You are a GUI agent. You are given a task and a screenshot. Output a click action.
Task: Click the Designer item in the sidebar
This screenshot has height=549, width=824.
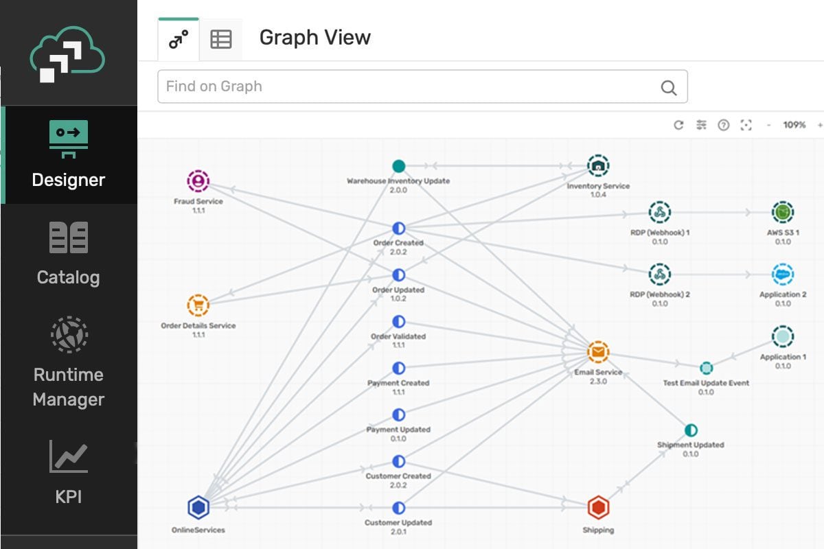[69, 154]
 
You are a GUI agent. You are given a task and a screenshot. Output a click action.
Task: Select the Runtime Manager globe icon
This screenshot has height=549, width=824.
[69, 334]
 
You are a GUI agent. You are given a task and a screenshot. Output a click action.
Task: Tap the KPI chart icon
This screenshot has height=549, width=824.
[69, 456]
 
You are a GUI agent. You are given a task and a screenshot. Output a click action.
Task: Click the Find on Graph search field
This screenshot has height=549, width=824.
[405, 86]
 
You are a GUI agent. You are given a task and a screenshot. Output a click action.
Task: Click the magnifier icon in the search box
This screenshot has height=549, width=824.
[668, 87]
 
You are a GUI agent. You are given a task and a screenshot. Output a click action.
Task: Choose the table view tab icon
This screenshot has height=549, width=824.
[221, 39]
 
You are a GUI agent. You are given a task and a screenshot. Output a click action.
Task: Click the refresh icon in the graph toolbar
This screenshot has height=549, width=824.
[678, 125]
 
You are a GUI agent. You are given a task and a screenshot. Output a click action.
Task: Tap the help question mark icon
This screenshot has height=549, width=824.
[723, 125]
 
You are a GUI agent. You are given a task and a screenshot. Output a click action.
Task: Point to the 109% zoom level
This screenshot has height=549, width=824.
[794, 125]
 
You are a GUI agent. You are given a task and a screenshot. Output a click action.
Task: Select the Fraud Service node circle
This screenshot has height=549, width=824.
[198, 181]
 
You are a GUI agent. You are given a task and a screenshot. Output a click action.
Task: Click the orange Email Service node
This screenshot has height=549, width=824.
[598, 353]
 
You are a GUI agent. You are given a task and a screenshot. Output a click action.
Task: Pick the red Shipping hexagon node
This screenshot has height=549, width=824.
[598, 508]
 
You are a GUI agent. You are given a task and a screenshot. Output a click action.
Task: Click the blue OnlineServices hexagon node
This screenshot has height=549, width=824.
[198, 508]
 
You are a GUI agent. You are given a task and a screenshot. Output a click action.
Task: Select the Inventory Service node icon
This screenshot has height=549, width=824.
[598, 165]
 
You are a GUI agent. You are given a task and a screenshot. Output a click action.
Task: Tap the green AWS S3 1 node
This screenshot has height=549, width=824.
[783, 213]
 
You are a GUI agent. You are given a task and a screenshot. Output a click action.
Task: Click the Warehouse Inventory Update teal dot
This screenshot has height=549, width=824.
[398, 166]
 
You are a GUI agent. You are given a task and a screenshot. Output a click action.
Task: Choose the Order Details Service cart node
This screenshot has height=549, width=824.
[198, 305]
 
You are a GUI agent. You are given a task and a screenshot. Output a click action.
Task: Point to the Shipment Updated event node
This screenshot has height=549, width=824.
[691, 430]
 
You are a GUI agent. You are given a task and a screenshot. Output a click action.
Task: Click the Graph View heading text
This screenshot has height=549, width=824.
[314, 38]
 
